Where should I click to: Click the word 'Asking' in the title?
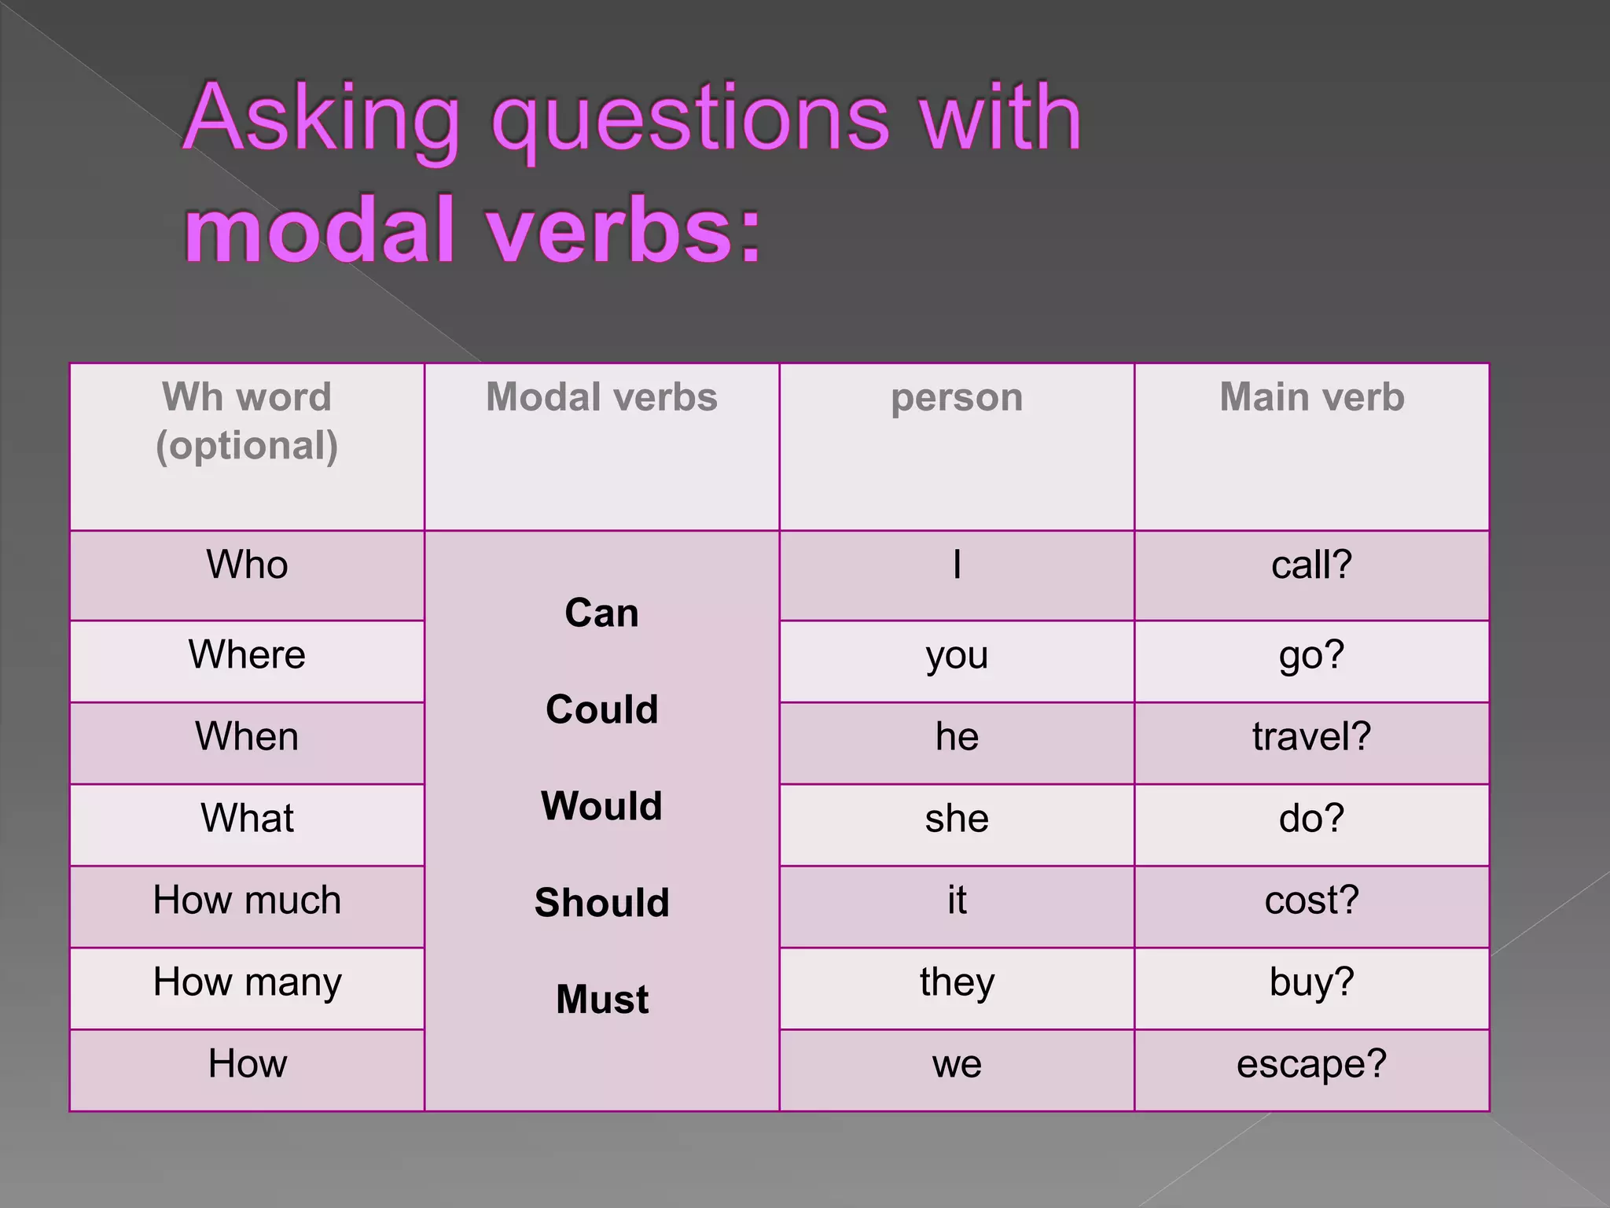pos(321,120)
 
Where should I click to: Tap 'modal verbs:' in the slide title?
pos(473,230)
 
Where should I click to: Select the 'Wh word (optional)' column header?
pos(247,422)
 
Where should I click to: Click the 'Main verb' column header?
pos(1311,397)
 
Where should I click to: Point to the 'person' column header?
pos(956,397)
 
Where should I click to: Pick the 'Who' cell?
pos(247,565)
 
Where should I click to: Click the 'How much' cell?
pos(247,900)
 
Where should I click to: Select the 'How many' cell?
pos(247,982)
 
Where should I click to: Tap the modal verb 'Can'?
pos(601,613)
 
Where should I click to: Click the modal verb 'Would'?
pos(601,806)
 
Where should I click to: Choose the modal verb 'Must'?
pos(601,1000)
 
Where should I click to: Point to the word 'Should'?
pos(601,902)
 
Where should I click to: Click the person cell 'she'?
pos(956,819)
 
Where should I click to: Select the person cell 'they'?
pos(956,982)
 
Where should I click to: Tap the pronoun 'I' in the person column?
pos(956,565)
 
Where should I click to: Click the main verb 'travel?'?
pos(1311,737)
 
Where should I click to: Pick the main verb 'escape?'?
pos(1311,1064)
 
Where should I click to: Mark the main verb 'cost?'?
pos(1311,900)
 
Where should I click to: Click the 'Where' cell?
pos(247,654)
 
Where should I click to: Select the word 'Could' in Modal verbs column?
pos(601,709)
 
